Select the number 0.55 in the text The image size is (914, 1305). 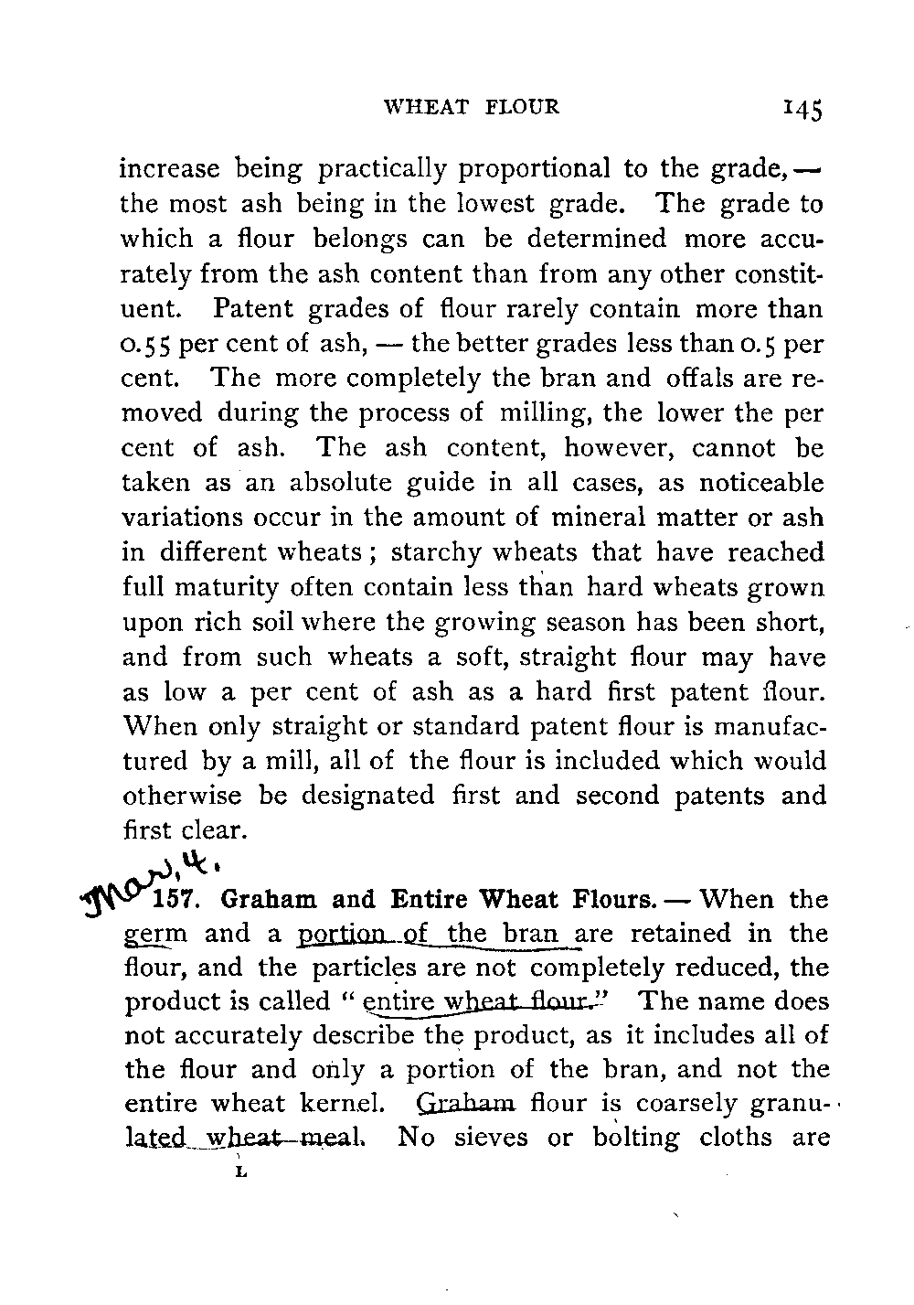(148, 344)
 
